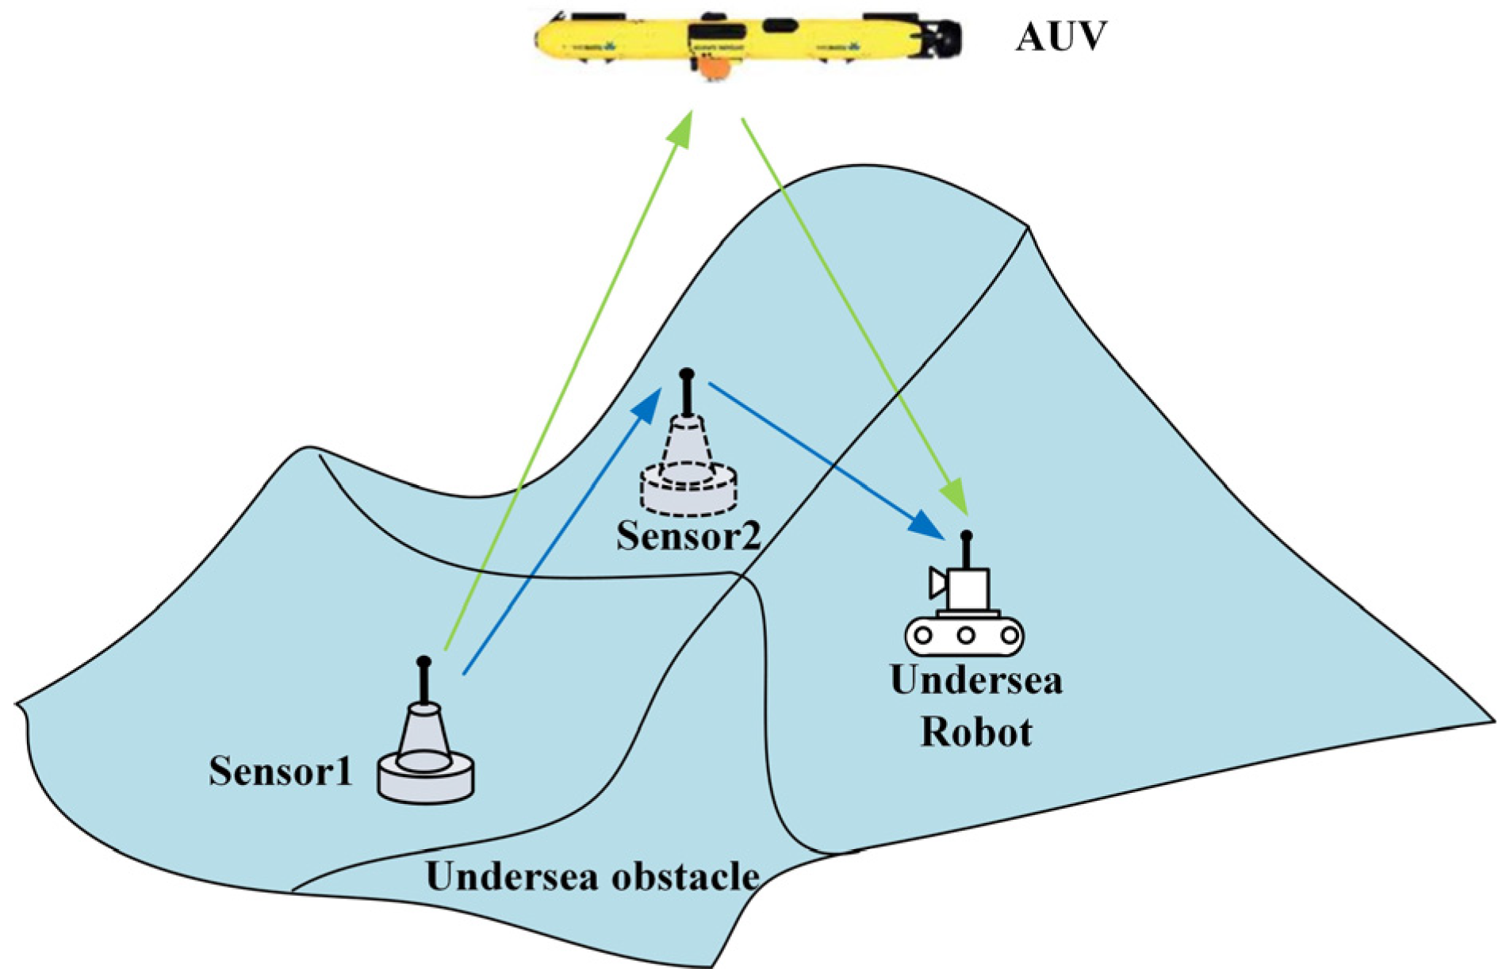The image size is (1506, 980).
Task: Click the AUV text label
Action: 1060,36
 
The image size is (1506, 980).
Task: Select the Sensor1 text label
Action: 281,771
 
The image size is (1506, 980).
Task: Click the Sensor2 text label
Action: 688,536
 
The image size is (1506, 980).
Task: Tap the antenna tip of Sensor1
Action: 423,661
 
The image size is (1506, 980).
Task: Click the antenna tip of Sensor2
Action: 687,373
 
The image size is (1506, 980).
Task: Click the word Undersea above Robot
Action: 976,680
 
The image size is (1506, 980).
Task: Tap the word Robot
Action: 976,732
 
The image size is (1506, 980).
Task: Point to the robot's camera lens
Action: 938,584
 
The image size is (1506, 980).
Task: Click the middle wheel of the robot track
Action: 965,635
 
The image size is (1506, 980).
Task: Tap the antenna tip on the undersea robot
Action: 966,536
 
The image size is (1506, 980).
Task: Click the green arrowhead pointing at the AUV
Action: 682,127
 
